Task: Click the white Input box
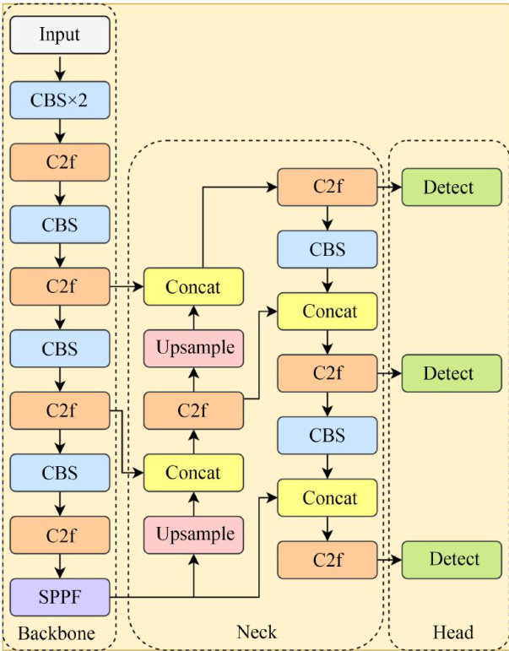[x=60, y=35]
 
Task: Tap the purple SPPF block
[x=60, y=597]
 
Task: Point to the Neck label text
[x=257, y=632]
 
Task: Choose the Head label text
[x=453, y=632]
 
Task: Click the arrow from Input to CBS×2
[x=60, y=68]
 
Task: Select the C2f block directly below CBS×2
[x=60, y=163]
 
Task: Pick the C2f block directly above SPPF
[x=60, y=535]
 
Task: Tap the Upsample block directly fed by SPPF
[x=193, y=535]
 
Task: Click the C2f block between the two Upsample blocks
[x=193, y=411]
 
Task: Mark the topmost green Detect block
[x=452, y=187]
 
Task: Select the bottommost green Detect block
[x=452, y=560]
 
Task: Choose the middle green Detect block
[x=452, y=373]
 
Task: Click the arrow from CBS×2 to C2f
[x=60, y=132]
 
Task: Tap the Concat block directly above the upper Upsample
[x=193, y=287]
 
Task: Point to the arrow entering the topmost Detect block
[x=388, y=187]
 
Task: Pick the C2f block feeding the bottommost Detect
[x=327, y=560]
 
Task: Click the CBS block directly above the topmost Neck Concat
[x=327, y=250]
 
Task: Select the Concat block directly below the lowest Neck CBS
[x=327, y=498]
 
